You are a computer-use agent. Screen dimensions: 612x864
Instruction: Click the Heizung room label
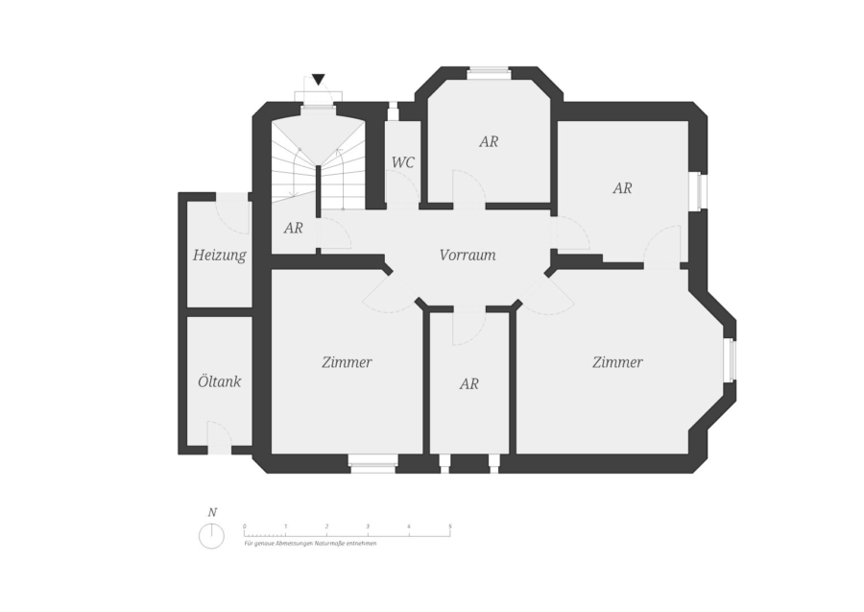pos(219,256)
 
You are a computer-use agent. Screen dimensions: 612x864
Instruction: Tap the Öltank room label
pos(219,381)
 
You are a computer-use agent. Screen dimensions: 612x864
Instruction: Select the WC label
pos(403,162)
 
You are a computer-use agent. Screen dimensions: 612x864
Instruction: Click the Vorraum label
pos(468,256)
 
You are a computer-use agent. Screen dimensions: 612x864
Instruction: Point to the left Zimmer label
pos(347,362)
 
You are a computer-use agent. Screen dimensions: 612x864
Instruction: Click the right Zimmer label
pos(617,362)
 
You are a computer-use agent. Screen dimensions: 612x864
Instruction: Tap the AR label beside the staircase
pos(294,229)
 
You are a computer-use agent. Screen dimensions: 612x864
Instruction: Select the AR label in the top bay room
pos(489,141)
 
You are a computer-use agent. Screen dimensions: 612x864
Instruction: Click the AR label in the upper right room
pos(622,188)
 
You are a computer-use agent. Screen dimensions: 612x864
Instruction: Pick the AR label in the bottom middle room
pos(468,383)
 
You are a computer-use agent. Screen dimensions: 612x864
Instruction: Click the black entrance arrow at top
pos(319,80)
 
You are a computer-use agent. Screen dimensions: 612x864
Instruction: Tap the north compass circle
pos(211,536)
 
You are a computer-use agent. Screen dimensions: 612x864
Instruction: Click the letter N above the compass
pos(212,512)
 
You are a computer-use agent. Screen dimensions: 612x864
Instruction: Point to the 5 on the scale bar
pos(449,526)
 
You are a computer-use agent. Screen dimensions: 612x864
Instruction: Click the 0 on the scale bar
pos(245,526)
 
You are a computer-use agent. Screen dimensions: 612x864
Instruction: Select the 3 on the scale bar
pos(368,526)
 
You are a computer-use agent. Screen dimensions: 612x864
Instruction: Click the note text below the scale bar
pos(310,543)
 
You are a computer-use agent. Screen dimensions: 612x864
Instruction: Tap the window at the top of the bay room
pos(489,70)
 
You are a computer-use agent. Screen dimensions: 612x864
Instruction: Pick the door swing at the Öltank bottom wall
pos(218,438)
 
